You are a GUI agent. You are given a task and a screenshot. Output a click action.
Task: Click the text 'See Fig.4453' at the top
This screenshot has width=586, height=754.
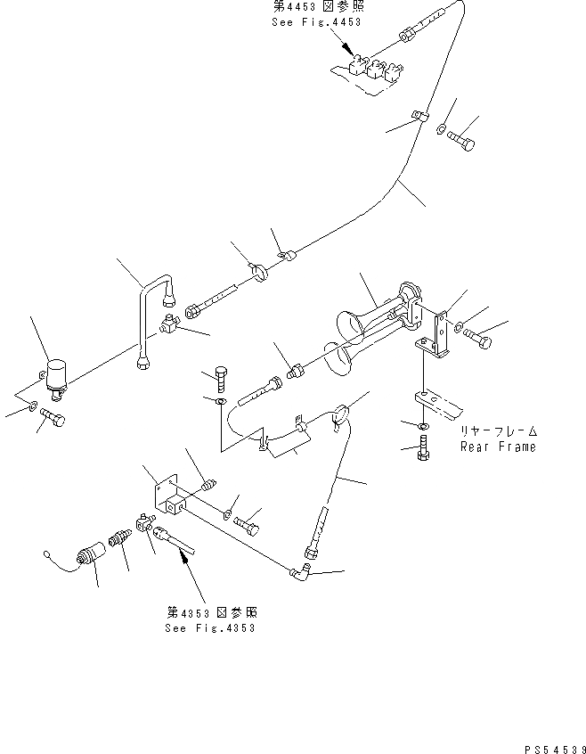point(316,22)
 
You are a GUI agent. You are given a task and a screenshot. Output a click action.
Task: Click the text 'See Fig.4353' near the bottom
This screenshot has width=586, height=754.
point(210,627)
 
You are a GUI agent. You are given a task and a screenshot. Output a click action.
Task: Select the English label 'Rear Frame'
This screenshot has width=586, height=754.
point(498,447)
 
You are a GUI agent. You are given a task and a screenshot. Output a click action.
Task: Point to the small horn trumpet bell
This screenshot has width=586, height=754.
point(341,359)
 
